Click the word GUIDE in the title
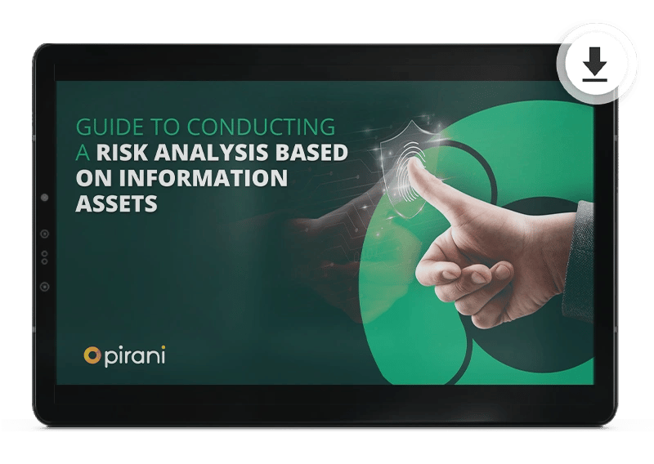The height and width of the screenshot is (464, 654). [105, 127]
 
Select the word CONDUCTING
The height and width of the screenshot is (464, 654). [261, 127]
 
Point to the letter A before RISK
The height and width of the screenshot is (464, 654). [82, 153]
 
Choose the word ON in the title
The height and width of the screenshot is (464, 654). [92, 178]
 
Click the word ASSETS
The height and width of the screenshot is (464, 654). [116, 203]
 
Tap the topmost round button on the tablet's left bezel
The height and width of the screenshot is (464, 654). [44, 198]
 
